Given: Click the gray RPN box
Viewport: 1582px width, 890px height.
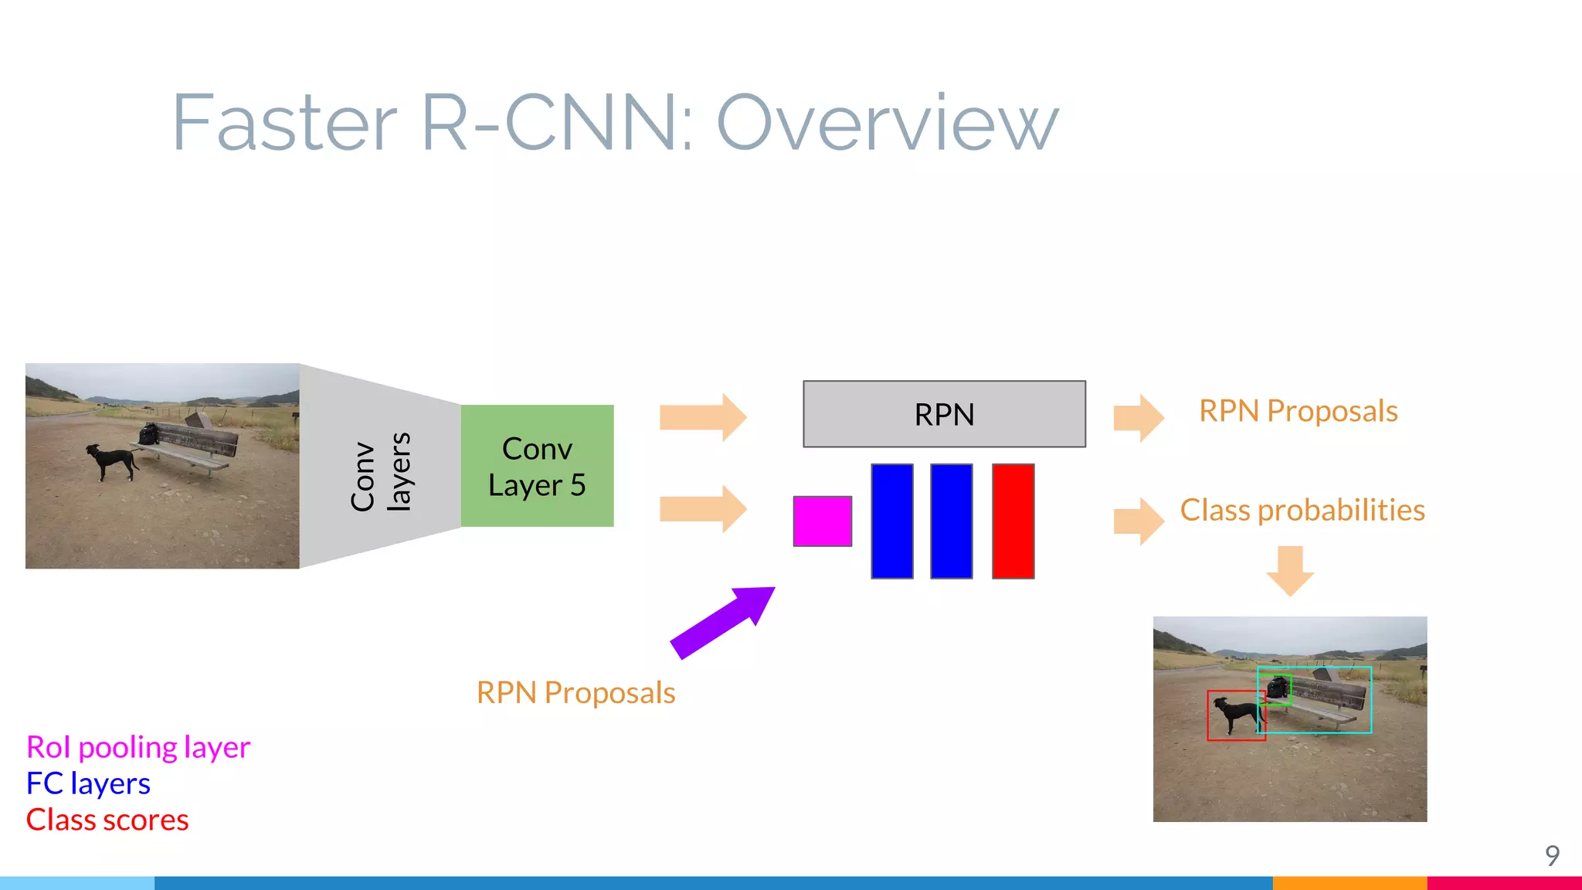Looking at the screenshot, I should point(944,414).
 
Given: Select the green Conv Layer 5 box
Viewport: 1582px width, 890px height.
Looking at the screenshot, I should point(537,466).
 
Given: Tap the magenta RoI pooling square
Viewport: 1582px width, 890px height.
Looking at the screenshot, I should point(822,521).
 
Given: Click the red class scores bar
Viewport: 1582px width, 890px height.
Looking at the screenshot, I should point(1013,521).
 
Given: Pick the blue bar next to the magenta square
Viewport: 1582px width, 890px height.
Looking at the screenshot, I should point(892,521).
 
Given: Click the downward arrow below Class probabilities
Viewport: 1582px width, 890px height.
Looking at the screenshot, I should point(1290,571).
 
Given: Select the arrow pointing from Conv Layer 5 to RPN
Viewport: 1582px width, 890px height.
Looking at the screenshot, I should point(702,417).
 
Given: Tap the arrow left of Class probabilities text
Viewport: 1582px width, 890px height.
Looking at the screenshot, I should point(1138,521).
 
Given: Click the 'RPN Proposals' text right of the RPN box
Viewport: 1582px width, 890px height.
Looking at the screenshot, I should point(1298,411).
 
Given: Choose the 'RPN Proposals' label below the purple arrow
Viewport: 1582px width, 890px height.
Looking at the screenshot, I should point(575,693).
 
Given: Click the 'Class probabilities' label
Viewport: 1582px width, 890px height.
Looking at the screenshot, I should point(1302,510).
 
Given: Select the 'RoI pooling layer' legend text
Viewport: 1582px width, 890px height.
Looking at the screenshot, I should point(138,747).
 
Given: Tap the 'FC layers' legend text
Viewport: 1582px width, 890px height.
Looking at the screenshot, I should point(88,783).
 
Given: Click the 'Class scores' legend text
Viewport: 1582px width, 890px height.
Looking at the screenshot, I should point(107,820).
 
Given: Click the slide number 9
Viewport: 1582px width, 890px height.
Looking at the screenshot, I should point(1552,855).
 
